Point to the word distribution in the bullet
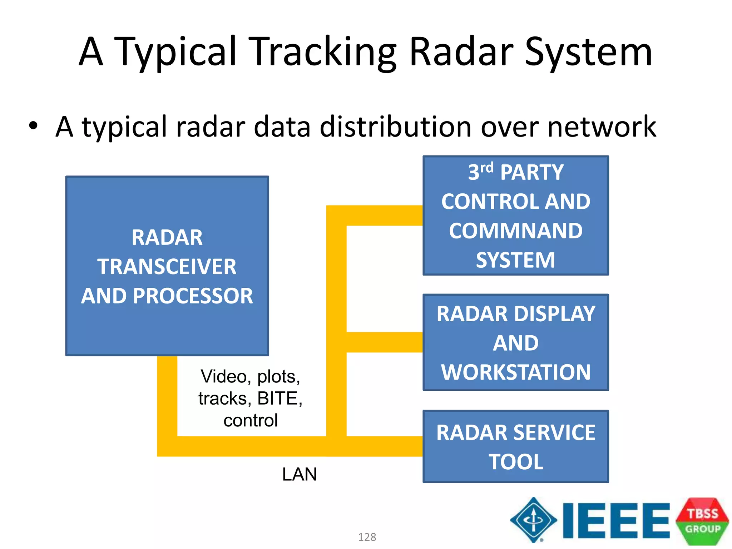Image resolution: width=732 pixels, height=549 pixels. (396, 127)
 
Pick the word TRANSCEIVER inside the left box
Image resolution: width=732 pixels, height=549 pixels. (167, 267)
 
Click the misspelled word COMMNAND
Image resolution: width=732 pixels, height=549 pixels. (515, 231)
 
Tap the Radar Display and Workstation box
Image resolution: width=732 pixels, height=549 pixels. (515, 342)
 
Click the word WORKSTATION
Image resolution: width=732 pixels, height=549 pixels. (515, 372)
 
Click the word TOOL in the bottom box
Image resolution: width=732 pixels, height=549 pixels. (515, 462)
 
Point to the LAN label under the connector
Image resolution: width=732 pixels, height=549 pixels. (300, 474)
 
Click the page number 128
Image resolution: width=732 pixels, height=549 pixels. (367, 537)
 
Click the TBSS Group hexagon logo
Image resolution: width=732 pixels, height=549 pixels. (702, 521)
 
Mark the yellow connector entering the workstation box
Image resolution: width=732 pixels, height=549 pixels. (384, 342)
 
